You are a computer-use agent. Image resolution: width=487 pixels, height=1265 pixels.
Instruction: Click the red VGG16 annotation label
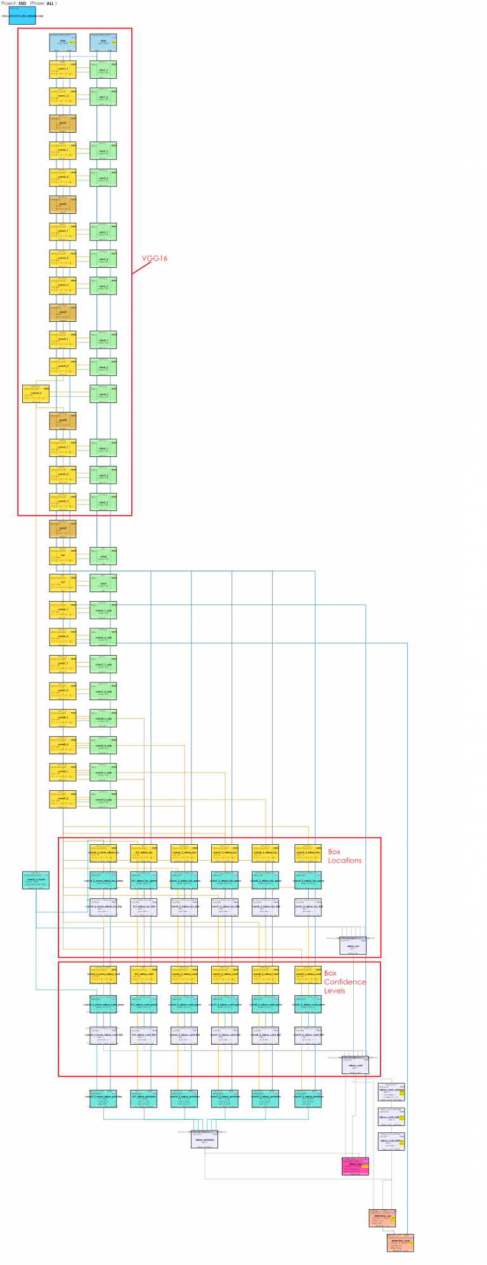pos(154,258)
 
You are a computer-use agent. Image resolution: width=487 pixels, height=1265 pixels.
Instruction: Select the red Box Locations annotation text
pos(344,856)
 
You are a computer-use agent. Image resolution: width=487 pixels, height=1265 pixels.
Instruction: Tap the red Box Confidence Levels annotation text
pos(344,981)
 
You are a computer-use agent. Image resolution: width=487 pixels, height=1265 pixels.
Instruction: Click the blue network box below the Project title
pos(22,16)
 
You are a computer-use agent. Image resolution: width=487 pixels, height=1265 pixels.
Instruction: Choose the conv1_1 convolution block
pos(63,70)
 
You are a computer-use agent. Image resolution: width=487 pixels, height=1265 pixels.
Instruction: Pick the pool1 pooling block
pos(63,124)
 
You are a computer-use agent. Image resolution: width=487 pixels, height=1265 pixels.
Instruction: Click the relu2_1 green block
pos(103,151)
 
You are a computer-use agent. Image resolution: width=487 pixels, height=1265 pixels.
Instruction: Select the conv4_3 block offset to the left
pos(36,394)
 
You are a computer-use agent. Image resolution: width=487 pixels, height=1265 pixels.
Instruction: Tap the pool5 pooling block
pos(63,529)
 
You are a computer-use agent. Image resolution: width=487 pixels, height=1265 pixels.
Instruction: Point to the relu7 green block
pos(103,583)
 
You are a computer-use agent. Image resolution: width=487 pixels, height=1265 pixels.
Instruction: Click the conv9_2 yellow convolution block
pos(63,799)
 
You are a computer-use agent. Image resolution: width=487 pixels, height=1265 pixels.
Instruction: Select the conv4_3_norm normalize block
pos(36,880)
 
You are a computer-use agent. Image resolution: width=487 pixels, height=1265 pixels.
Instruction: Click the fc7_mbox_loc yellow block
pos(143,853)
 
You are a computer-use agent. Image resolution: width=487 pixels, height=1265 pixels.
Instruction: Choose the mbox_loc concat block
pos(353,946)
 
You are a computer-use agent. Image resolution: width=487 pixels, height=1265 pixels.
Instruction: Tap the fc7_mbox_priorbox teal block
pos(143,1099)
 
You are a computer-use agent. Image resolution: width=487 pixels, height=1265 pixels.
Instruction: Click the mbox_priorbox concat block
pos(204,1139)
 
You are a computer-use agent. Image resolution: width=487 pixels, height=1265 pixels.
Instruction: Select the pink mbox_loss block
pos(355,1165)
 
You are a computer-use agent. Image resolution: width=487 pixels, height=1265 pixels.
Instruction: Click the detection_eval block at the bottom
pos(400,1242)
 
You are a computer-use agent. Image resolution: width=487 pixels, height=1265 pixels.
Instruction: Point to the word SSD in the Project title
pos(22,4)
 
